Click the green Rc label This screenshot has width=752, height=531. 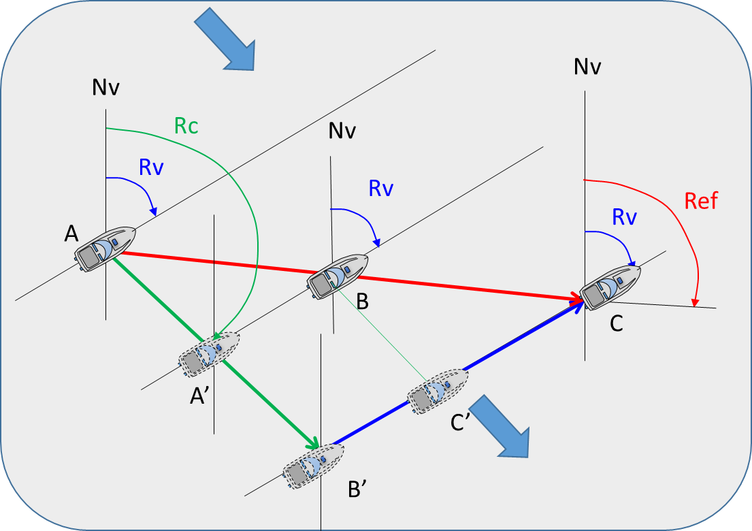(x=186, y=126)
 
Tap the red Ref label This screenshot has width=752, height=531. (x=701, y=201)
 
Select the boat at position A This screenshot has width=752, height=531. (x=105, y=250)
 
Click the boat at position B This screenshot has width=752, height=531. (x=338, y=277)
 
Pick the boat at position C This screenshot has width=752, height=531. (x=610, y=288)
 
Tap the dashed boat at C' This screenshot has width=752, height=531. (x=438, y=392)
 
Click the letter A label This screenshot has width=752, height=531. (x=71, y=234)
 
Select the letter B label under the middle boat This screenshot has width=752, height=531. (x=362, y=301)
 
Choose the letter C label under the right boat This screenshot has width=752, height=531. (x=617, y=323)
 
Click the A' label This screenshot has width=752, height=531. (x=199, y=396)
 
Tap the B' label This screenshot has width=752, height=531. (x=357, y=489)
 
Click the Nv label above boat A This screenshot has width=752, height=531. (x=105, y=87)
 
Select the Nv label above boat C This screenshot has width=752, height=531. (x=587, y=66)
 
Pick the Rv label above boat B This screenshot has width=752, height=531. (x=381, y=189)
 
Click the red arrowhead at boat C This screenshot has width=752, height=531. (x=578, y=298)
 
